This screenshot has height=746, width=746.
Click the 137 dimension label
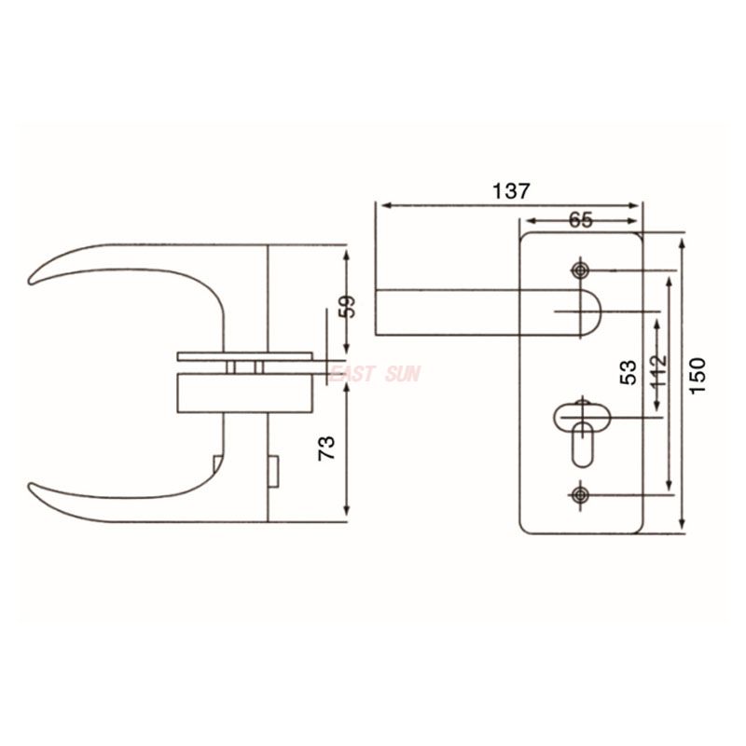pos(511,190)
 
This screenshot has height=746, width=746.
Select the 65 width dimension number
pos(580,220)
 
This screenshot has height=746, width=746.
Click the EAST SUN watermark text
pos(375,374)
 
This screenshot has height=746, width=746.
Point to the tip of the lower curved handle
pos(34,488)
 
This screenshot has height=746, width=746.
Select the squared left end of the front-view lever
pos(379,311)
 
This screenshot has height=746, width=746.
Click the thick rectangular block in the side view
pos(243,391)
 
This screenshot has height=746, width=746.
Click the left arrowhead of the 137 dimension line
pos(380,205)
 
